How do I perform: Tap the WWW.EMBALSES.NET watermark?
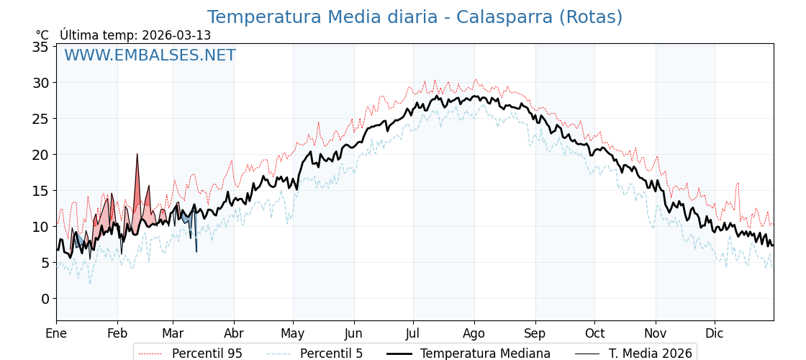click(x=150, y=55)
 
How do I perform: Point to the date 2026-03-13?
click(x=176, y=35)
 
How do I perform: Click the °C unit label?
click(x=42, y=35)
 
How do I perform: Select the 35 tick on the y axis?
click(x=40, y=47)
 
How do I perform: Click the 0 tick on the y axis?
click(x=45, y=299)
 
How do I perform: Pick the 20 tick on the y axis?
click(x=40, y=155)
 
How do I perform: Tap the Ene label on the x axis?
click(x=56, y=333)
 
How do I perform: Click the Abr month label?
click(x=234, y=333)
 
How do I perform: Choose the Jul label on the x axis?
click(x=413, y=333)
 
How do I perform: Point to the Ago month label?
click(x=474, y=333)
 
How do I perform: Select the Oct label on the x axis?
click(x=594, y=333)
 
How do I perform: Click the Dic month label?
click(x=715, y=333)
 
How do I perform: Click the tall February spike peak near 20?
click(x=137, y=154)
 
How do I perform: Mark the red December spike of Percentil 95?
click(x=738, y=184)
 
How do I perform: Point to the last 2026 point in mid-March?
click(x=196, y=251)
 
